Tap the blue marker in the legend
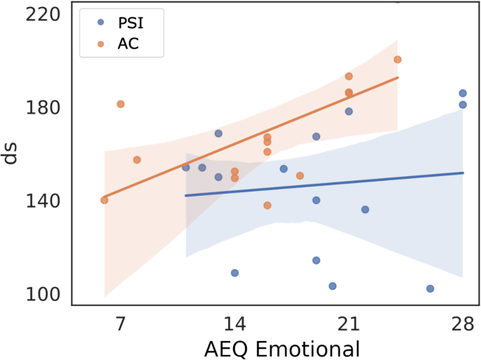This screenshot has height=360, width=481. click(x=100, y=22)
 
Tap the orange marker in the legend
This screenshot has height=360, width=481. click(x=100, y=44)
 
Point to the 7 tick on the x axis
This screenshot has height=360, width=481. click(x=120, y=324)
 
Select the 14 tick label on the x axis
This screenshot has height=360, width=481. click(x=235, y=324)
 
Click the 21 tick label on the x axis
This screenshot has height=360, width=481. click(x=349, y=324)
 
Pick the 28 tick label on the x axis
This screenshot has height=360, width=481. click(x=463, y=324)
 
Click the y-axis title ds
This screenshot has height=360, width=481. click(x=12, y=153)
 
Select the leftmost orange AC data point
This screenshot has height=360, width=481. click(x=105, y=200)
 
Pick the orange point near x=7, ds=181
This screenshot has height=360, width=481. click(x=121, y=104)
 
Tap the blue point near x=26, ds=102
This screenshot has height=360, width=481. click(x=430, y=288)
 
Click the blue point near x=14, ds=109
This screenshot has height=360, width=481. click(x=235, y=273)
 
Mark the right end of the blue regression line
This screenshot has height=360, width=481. click(x=463, y=173)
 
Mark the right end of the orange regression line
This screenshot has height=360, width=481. click(x=398, y=77)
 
